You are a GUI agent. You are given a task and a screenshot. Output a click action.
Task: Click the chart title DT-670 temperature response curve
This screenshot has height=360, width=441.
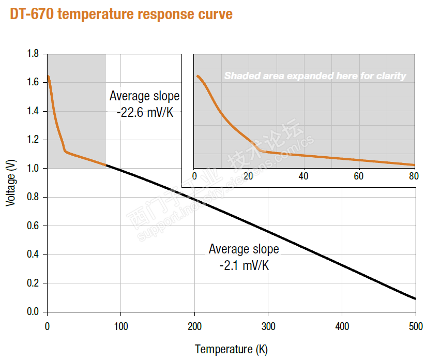click(121, 14)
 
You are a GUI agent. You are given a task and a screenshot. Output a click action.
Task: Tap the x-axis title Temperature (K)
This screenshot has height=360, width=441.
click(231, 350)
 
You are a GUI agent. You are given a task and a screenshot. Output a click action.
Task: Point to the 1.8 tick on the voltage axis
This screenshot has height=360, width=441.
click(33, 54)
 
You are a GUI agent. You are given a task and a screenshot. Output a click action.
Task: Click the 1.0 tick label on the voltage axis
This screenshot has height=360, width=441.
click(33, 169)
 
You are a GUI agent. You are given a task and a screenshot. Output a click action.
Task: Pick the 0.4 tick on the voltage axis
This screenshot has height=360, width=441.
click(33, 254)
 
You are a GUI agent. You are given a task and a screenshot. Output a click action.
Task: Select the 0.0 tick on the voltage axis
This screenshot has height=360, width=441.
click(33, 312)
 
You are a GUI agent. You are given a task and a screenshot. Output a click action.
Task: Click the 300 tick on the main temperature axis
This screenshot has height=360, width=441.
click(268, 326)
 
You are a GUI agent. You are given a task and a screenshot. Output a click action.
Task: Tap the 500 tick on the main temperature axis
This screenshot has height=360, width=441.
click(415, 326)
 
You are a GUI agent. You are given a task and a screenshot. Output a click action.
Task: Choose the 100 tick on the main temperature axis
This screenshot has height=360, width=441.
click(120, 326)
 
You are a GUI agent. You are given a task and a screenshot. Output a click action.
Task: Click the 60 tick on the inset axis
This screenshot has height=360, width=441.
click(359, 176)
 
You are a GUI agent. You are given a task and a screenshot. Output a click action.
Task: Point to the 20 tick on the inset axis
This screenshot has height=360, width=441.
click(249, 176)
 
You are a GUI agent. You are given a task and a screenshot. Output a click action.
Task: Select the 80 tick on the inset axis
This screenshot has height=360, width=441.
click(414, 176)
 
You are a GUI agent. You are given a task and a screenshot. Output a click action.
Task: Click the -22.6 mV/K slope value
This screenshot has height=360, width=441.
click(145, 112)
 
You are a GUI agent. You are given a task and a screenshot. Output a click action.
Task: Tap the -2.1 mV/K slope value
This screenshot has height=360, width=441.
click(244, 266)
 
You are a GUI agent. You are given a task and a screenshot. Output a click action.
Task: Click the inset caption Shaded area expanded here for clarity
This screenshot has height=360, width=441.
click(315, 76)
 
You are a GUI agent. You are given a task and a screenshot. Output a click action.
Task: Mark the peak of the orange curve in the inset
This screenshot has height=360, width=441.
click(197, 76)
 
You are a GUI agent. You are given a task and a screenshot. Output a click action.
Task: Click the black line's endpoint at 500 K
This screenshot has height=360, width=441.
click(415, 299)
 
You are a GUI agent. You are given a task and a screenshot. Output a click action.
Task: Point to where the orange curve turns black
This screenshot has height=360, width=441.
click(106, 166)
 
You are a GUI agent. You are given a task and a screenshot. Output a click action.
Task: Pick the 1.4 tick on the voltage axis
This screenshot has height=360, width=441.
click(33, 111)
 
